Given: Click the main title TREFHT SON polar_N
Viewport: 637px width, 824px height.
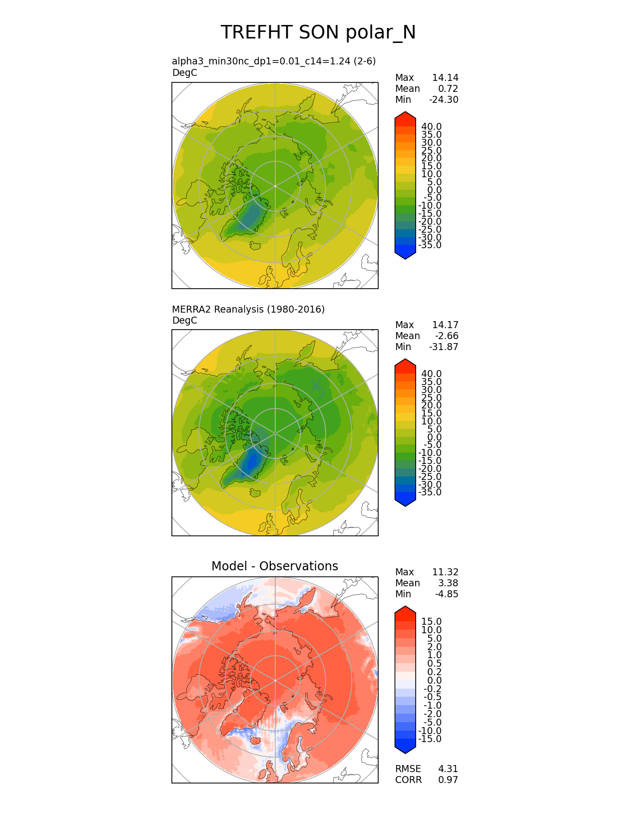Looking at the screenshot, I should tap(318, 32).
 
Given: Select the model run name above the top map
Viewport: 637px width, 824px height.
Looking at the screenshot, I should tap(274, 61).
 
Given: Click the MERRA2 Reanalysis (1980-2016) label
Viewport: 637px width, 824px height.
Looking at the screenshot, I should tap(248, 309).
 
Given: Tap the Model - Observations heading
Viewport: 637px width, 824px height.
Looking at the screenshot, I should tap(275, 566).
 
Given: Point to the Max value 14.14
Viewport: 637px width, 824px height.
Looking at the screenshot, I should tap(445, 77).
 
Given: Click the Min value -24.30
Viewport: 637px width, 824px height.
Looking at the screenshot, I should tap(444, 99).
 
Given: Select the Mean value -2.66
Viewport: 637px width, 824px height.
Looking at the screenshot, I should tap(447, 336).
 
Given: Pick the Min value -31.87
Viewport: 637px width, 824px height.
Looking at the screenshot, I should tap(444, 347).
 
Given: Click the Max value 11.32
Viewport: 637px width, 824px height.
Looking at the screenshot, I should tap(445, 572).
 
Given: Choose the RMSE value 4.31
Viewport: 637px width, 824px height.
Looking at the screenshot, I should tap(448, 769).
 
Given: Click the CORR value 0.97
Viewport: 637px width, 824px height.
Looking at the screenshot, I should tap(448, 780).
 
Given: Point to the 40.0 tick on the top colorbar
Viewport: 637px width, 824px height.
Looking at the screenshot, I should tap(432, 126).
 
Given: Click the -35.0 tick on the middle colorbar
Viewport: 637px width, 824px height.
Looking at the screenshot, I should tap(430, 492).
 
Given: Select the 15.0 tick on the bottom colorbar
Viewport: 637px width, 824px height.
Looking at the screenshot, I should tap(432, 621).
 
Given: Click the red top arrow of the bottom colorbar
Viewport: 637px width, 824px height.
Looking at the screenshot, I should tap(405, 612).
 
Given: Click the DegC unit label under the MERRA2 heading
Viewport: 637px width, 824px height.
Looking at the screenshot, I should tap(184, 320).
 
